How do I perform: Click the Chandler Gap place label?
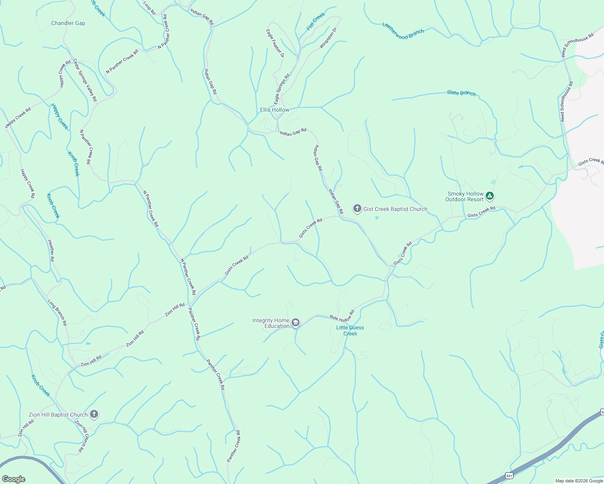68,23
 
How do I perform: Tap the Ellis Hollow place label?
275,110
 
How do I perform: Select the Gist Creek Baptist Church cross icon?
357,209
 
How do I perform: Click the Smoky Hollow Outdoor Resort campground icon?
490,196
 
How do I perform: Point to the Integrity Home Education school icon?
296,323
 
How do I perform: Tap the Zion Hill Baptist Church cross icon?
94,414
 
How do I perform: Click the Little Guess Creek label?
350,331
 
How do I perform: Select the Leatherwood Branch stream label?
403,31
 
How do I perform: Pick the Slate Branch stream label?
461,93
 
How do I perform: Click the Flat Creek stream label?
316,21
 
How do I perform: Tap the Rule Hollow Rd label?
342,315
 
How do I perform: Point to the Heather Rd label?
51,251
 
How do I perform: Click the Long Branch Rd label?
57,313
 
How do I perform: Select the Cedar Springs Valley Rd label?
85,80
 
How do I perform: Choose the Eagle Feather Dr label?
275,43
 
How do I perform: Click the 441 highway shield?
509,476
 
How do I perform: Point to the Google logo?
13,479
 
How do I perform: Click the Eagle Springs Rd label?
282,89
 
